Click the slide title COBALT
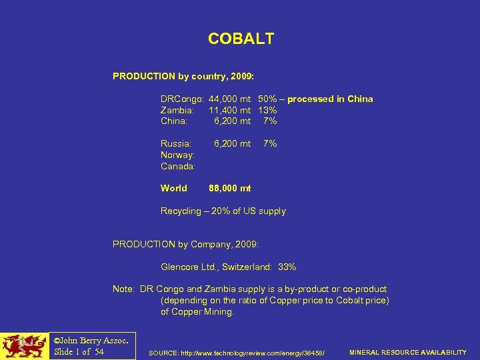[241, 39]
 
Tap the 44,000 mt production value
[230, 99]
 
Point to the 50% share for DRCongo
[267, 99]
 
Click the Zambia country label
[177, 110]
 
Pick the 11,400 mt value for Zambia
[230, 110]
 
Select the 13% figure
[267, 110]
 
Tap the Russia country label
[176, 143]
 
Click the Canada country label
[178, 165]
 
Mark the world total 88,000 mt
[230, 188]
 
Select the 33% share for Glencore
[287, 267]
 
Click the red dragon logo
[25, 346]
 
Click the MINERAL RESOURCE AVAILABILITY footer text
[408, 352]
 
